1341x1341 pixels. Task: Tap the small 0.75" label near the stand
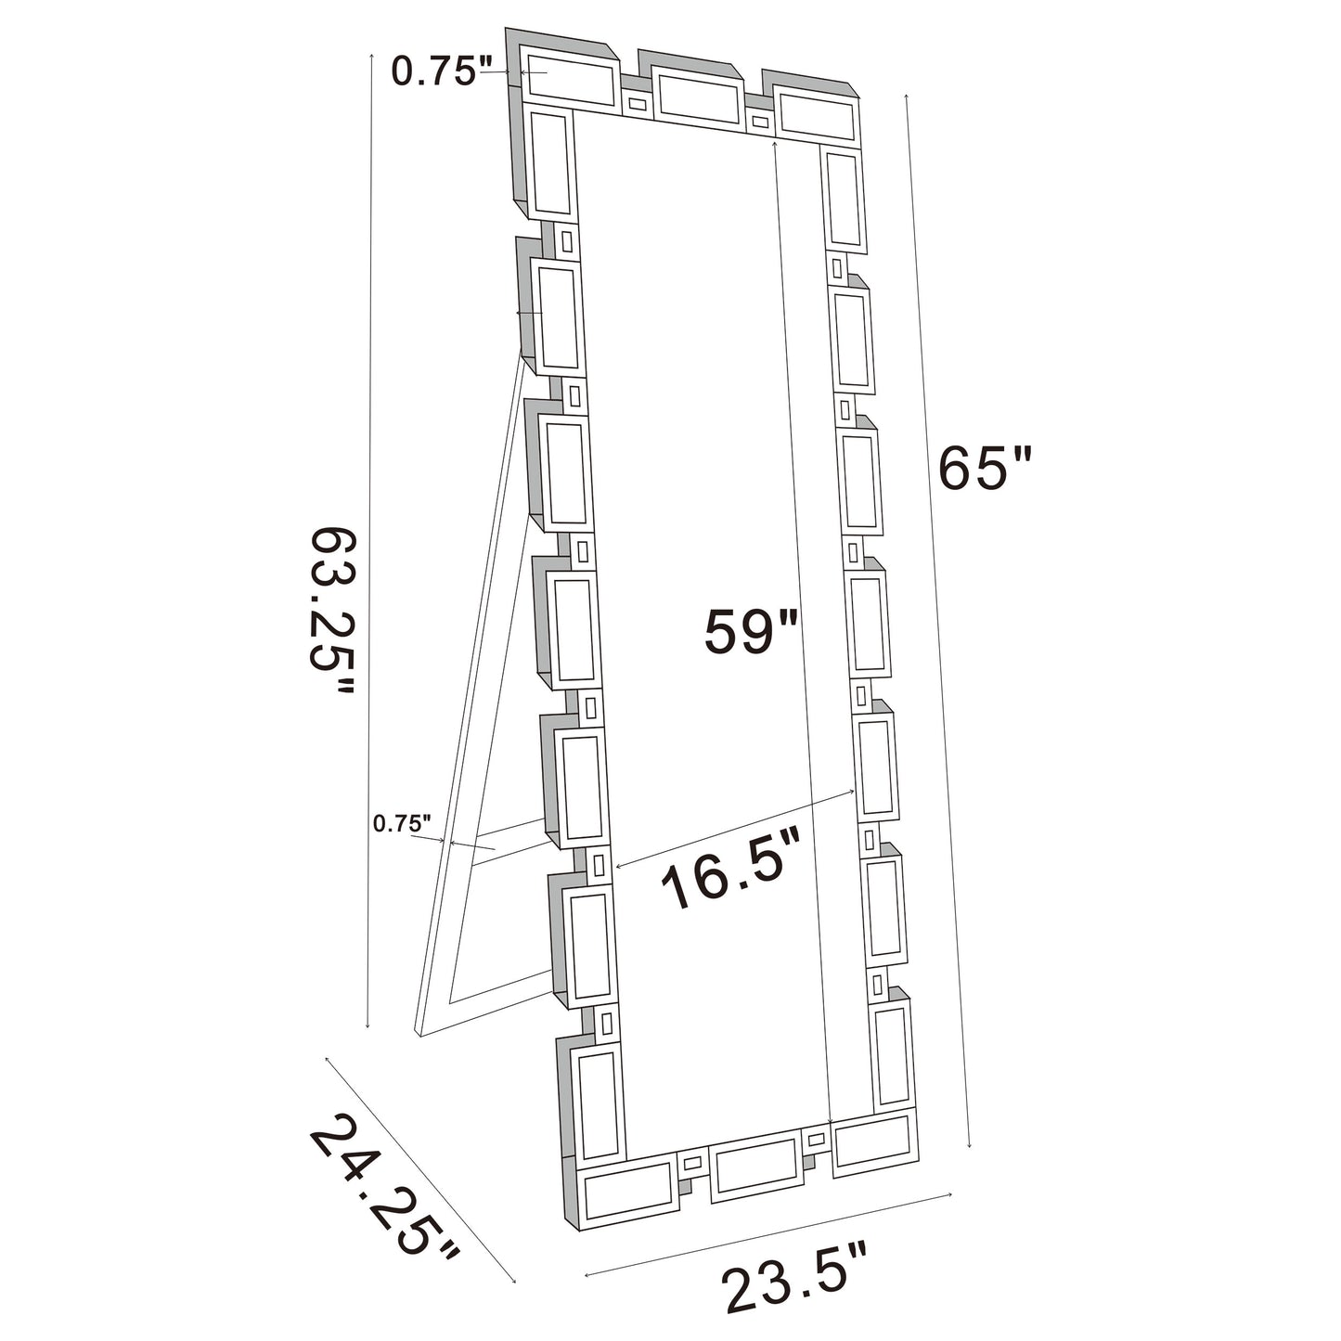tap(402, 822)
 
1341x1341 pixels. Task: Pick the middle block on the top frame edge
tap(696, 97)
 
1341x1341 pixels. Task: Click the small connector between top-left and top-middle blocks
tap(637, 103)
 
